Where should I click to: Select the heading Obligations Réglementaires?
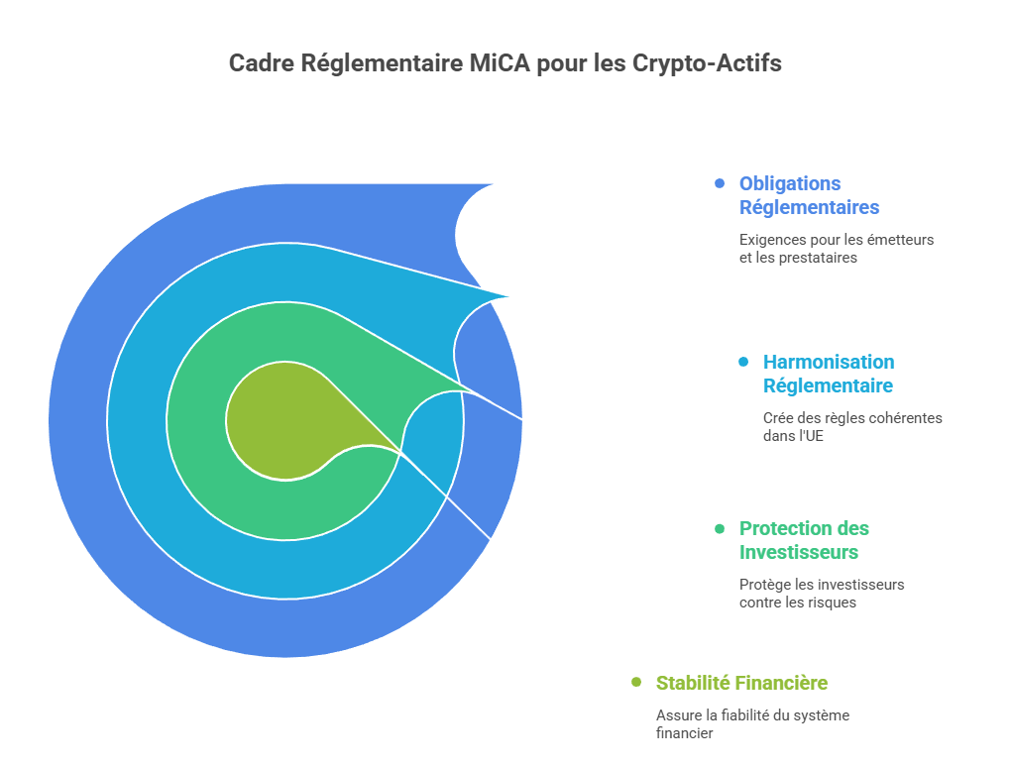[x=809, y=195]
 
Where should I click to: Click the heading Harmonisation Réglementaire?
[x=828, y=374]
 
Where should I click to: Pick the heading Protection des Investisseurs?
[x=804, y=540]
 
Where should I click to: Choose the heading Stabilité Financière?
[x=741, y=683]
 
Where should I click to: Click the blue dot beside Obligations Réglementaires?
[x=720, y=183]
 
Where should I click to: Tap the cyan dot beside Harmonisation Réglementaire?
[x=743, y=362]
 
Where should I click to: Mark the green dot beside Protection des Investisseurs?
[x=720, y=528]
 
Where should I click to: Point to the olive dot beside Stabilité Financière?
[x=636, y=683]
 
